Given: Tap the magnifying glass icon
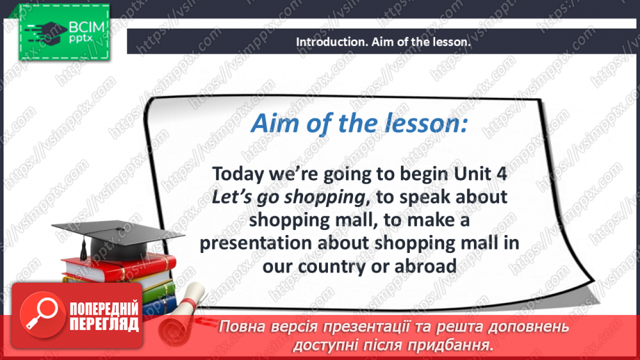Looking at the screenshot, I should [40, 315].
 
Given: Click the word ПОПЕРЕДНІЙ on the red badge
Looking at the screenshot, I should [104, 309].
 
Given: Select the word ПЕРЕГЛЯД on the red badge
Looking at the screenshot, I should [104, 324].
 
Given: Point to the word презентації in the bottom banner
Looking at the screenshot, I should [393, 327].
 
